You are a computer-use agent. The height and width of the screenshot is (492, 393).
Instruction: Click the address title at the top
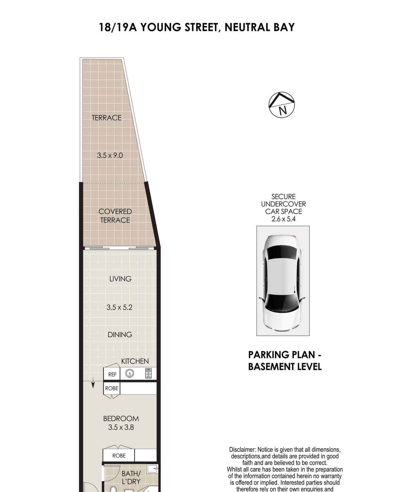click(x=196, y=27)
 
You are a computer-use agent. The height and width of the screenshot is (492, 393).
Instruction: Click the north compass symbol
click(x=281, y=105)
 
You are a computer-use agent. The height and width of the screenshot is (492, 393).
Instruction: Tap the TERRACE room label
click(x=107, y=118)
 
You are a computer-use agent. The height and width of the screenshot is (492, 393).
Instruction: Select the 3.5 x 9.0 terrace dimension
click(x=110, y=155)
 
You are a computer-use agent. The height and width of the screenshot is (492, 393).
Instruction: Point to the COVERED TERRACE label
click(x=115, y=216)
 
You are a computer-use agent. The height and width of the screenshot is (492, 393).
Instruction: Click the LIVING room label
click(x=120, y=279)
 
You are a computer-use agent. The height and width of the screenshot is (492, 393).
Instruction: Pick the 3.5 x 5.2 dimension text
click(x=120, y=307)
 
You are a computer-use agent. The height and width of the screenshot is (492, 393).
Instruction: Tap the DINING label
click(x=120, y=335)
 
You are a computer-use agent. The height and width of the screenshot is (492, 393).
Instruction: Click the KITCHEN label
click(x=135, y=361)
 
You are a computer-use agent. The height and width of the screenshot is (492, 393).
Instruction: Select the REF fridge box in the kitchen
click(x=112, y=374)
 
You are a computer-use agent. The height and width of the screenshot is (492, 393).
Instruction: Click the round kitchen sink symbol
click(x=130, y=373)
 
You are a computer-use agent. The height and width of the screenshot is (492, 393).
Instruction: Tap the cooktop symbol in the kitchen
click(x=148, y=374)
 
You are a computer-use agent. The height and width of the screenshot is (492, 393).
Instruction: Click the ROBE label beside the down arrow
click(x=112, y=388)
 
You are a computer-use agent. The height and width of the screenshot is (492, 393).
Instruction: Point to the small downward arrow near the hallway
click(x=93, y=383)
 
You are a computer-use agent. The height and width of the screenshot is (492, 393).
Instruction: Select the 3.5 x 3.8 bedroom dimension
click(x=121, y=427)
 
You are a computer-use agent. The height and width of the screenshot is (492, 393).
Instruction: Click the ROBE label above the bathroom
click(x=119, y=455)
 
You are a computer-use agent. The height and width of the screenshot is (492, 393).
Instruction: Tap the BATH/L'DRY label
click(x=131, y=477)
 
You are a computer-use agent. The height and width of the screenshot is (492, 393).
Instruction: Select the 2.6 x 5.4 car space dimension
click(x=283, y=219)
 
